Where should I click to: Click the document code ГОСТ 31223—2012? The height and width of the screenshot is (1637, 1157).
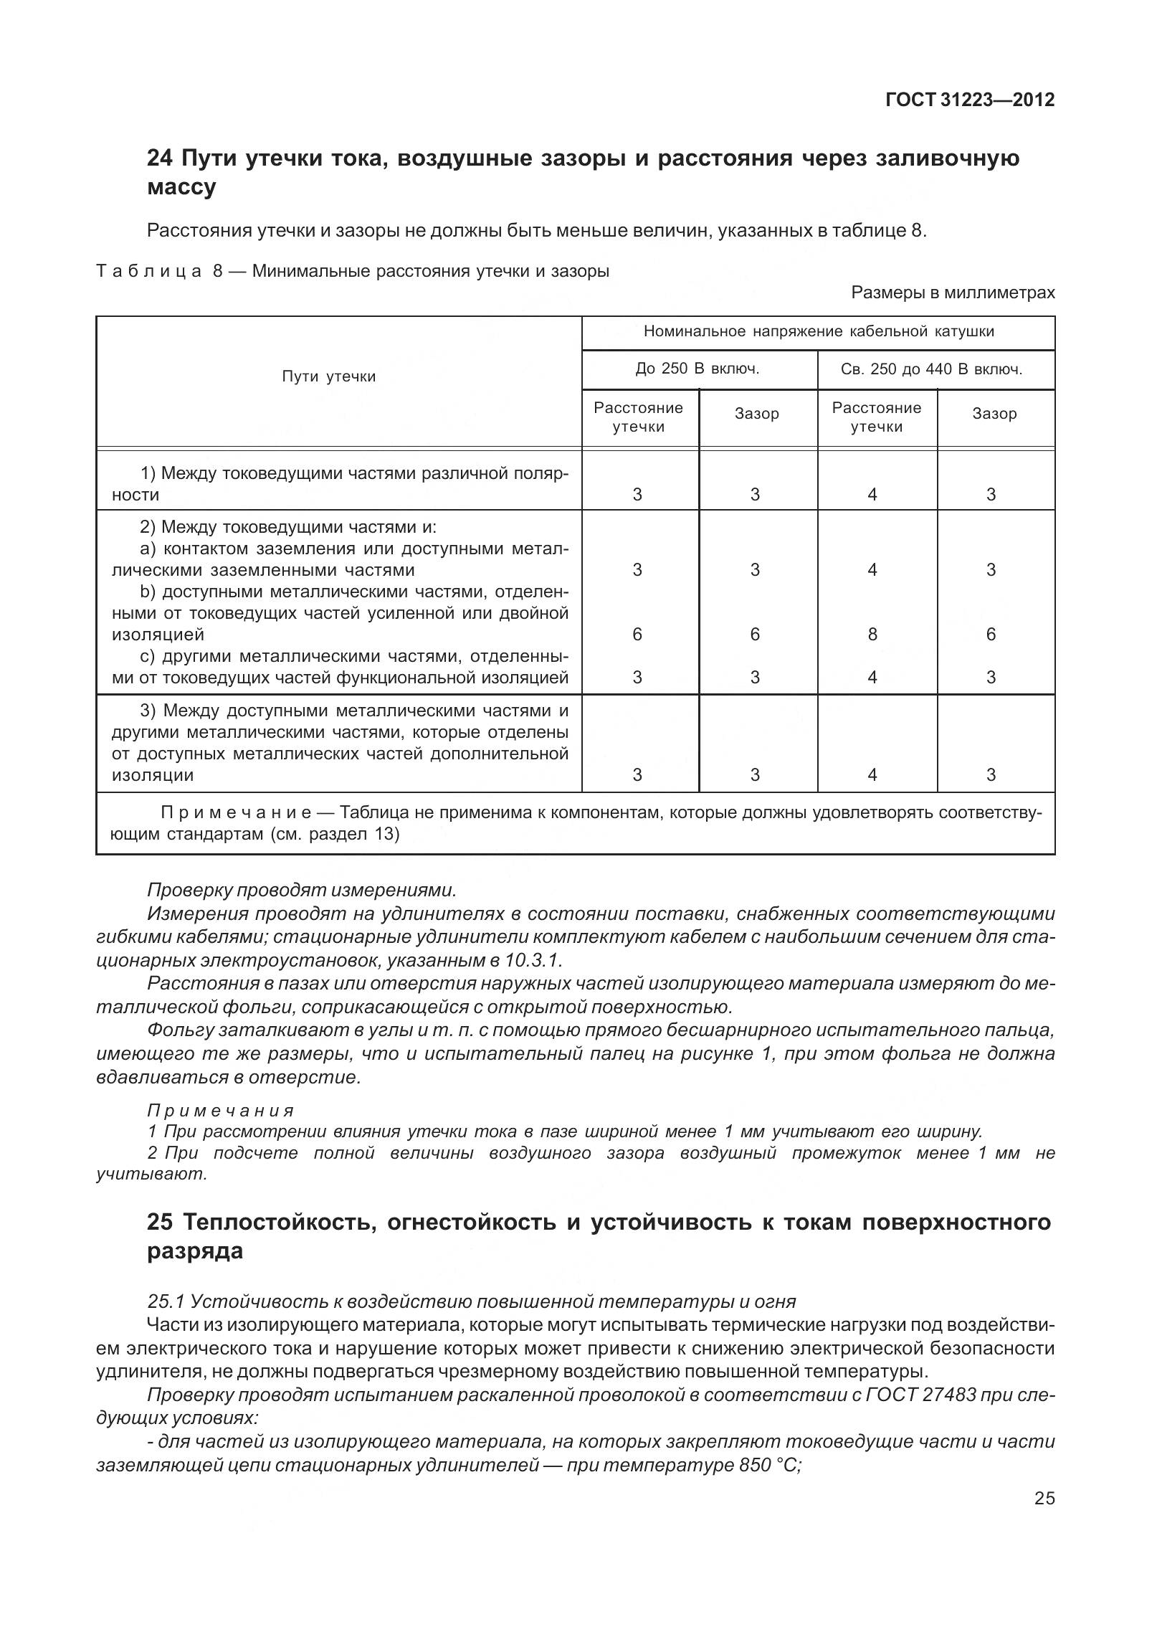[970, 100]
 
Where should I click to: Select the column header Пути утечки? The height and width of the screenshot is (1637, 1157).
[329, 376]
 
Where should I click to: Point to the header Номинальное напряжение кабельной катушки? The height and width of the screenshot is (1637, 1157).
[818, 331]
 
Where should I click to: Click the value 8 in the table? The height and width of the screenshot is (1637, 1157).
[872, 635]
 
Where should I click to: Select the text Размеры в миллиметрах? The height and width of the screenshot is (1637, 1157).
[953, 293]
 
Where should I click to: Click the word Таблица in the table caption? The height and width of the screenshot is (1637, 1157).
[149, 272]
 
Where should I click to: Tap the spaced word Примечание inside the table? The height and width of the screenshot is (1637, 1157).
[236, 813]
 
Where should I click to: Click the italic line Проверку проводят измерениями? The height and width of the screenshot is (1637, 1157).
[301, 890]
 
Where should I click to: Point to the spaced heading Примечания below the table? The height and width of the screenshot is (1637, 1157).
[221, 1111]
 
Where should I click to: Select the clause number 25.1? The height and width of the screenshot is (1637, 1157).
[166, 1301]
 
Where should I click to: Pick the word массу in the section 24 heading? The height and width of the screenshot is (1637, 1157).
[181, 187]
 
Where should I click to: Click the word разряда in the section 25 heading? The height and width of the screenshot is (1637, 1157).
[195, 1251]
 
